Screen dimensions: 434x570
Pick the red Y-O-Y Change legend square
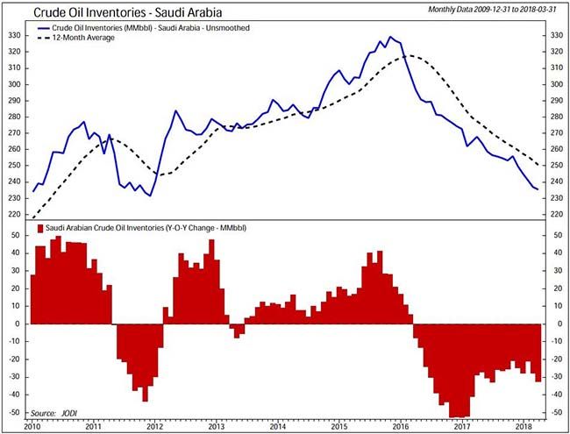pos(39,228)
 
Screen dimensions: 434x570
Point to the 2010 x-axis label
pos(32,426)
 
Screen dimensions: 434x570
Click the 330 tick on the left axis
pos(14,36)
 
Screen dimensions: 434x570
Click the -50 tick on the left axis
pos(13,412)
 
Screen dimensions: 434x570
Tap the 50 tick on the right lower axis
pos(555,235)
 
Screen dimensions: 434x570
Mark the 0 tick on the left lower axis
pos(18,324)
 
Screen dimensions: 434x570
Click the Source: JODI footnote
pos(53,412)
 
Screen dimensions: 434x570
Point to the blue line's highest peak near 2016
pos(390,38)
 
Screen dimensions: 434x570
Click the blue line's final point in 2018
pos(538,189)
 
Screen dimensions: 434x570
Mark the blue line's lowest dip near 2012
pos(149,195)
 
